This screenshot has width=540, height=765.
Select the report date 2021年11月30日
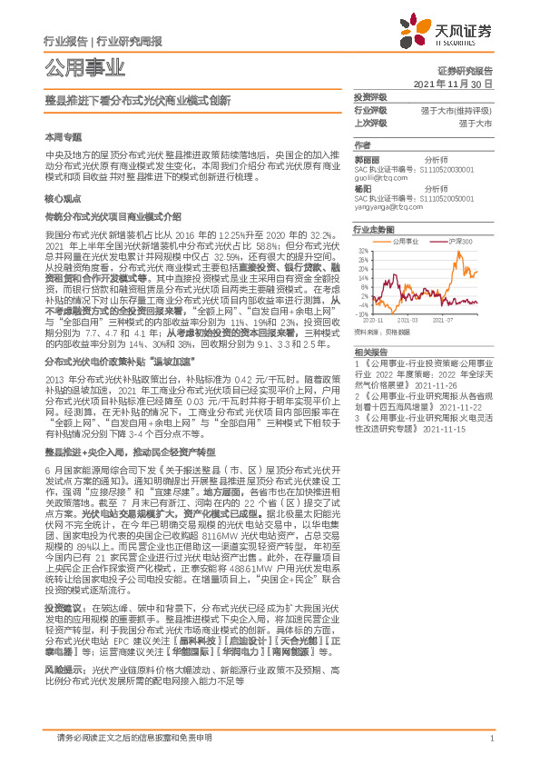pos(452,83)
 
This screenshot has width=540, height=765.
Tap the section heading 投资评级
pos(370,95)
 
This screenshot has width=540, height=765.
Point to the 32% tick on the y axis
pos(362,250)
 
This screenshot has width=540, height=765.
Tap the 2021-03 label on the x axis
pos(408,321)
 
